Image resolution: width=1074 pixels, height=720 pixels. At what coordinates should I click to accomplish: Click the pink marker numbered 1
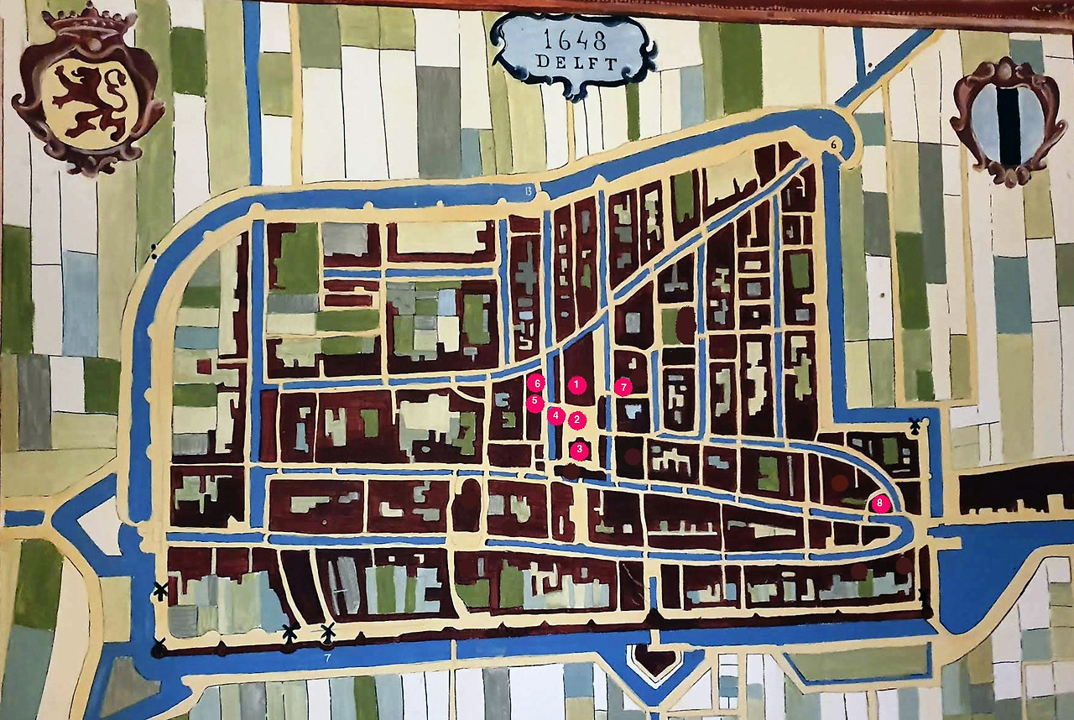click(x=576, y=384)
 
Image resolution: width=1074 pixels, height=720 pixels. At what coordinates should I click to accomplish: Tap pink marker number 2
click(x=576, y=419)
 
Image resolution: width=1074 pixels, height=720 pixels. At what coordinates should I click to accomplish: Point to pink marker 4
click(x=555, y=415)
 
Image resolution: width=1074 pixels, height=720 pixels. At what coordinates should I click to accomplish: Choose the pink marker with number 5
click(x=534, y=401)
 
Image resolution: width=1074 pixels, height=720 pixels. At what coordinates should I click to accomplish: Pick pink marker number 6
click(x=537, y=383)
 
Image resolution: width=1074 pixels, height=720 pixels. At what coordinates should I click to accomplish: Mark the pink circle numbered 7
click(x=622, y=387)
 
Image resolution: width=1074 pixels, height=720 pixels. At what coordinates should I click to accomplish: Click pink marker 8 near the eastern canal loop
click(x=878, y=503)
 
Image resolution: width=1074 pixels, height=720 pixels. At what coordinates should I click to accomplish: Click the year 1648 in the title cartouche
click(x=574, y=39)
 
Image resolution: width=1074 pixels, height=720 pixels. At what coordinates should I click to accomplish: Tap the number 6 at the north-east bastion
click(x=835, y=144)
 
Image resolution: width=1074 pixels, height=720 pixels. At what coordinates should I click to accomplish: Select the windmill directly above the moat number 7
click(x=328, y=631)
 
